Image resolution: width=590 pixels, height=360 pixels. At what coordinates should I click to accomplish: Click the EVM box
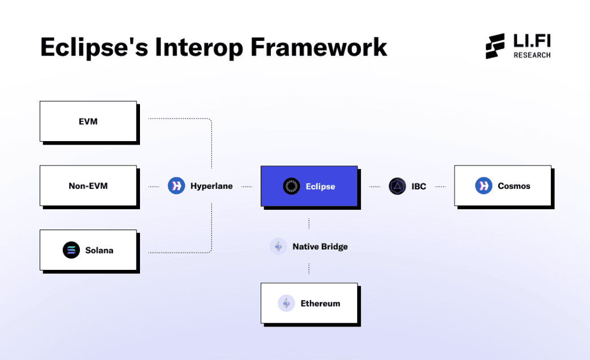(88, 121)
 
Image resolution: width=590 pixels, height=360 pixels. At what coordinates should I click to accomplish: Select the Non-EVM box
(88, 185)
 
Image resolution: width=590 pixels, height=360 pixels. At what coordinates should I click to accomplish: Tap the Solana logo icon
(71, 250)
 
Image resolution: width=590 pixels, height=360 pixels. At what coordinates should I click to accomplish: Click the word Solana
(99, 250)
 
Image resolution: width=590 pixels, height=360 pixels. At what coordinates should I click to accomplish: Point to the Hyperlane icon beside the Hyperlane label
(177, 185)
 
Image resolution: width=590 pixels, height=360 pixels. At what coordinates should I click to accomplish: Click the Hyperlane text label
(211, 186)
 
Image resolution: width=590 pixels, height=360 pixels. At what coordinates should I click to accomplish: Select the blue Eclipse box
(309, 186)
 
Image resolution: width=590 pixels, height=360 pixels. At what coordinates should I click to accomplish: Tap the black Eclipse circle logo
(292, 186)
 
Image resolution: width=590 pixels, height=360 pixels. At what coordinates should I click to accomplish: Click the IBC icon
(398, 186)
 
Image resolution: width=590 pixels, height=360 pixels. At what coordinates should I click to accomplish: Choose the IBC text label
(419, 186)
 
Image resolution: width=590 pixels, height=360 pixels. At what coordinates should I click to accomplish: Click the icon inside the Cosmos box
(483, 185)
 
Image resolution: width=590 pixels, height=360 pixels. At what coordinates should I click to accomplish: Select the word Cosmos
(514, 186)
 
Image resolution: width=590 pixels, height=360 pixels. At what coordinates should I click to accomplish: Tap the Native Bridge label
(320, 247)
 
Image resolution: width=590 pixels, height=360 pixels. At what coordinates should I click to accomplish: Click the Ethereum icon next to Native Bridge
(278, 247)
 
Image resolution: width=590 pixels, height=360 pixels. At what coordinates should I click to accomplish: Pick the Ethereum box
(309, 303)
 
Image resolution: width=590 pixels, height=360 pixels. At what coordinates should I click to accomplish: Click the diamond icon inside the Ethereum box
(287, 303)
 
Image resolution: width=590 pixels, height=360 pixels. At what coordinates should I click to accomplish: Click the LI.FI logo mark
(496, 46)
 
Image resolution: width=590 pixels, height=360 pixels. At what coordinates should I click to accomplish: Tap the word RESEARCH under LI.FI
(532, 55)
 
